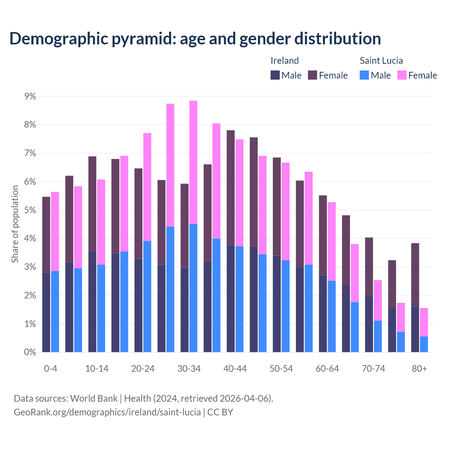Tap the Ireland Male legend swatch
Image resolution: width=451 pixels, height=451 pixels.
[275, 75]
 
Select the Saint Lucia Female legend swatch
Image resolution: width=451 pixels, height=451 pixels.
[402, 75]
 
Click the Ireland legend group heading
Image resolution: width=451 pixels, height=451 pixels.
[284, 61]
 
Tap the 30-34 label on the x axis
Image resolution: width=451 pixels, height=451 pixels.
[189, 369]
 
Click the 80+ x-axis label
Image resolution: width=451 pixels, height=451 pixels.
[419, 369]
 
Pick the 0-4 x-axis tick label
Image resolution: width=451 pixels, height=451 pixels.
[50, 369]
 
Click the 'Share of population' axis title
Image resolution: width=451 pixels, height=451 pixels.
[15, 224]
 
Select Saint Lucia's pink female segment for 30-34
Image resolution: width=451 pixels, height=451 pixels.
[193, 162]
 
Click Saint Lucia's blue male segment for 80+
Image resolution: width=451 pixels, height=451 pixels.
[424, 344]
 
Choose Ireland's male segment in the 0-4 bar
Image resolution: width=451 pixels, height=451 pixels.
[46, 312]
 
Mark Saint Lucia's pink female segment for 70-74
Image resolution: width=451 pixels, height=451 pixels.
[378, 300]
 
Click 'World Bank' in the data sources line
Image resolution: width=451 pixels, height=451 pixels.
[94, 399]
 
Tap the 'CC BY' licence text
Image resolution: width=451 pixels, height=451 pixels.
[220, 412]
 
